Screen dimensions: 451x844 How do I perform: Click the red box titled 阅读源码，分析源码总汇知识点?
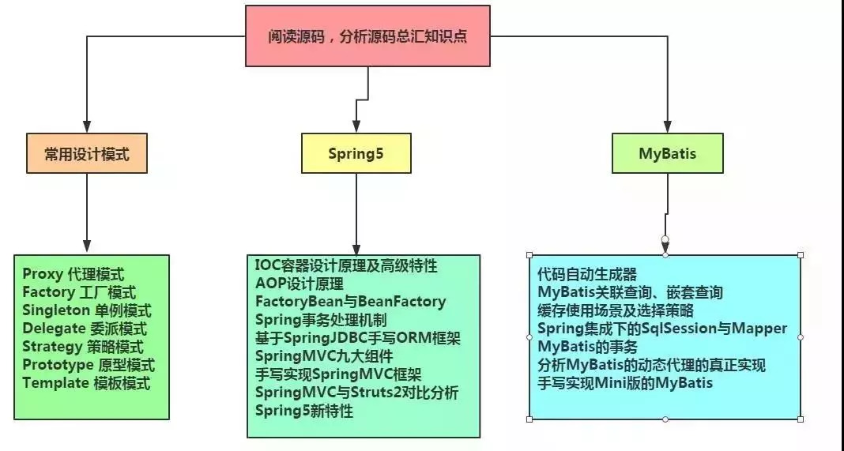tap(367, 36)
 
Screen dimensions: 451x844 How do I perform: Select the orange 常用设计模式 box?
tap(87, 153)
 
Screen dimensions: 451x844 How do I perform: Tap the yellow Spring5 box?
tap(356, 153)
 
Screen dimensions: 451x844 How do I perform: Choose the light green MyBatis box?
tap(668, 153)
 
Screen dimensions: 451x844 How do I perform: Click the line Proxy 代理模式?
tap(73, 274)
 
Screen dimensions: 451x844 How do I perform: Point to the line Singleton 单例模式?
tap(87, 310)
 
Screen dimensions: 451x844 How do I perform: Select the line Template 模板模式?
tap(86, 383)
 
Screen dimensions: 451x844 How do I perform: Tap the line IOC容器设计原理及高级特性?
tap(346, 265)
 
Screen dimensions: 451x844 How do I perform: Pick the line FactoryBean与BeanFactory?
tap(350, 301)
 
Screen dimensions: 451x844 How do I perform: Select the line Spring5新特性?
tap(304, 411)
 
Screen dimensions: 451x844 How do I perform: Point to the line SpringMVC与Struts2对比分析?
tap(357, 393)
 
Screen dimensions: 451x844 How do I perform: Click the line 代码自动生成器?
tap(586, 275)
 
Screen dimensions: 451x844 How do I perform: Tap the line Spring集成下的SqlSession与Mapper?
tap(662, 329)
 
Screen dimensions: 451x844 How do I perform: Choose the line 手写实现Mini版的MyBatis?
tap(625, 383)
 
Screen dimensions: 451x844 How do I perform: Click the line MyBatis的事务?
tap(587, 347)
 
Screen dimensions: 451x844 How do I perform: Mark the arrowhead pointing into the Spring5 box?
tap(356, 126)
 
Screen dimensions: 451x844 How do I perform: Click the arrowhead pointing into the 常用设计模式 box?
tap(87, 126)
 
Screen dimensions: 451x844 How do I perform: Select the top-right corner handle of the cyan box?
tap(801, 255)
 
